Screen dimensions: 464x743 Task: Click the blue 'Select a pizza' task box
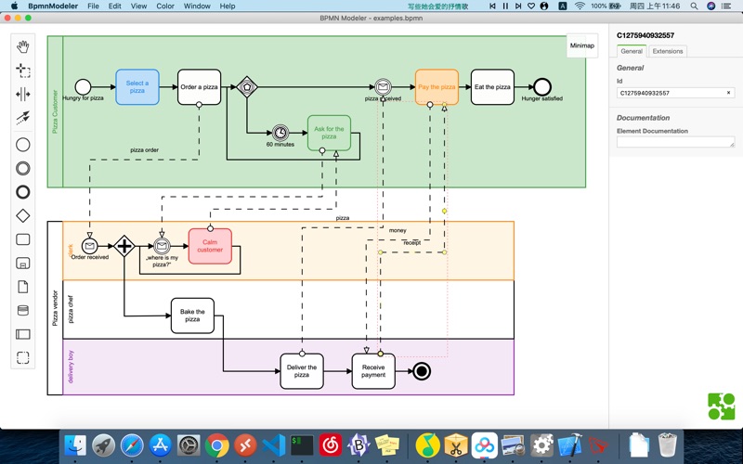tap(137, 87)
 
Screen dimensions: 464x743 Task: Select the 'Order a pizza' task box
tap(199, 87)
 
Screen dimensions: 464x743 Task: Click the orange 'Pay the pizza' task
tap(437, 87)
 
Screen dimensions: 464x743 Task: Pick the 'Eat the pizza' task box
tap(491, 87)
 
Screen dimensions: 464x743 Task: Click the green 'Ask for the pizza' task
tap(329, 133)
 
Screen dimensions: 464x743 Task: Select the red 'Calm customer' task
tap(210, 246)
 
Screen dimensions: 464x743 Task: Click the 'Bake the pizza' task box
tap(192, 316)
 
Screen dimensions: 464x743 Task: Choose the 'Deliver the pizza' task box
tap(302, 371)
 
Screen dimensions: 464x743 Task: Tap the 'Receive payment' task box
tap(372, 371)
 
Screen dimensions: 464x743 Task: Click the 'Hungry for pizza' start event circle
tap(83, 87)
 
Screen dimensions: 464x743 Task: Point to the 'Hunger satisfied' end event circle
tap(541, 87)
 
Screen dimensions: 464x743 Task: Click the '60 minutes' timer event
tap(280, 133)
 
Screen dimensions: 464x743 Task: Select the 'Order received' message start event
tap(90, 246)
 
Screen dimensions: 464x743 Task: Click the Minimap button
tap(581, 45)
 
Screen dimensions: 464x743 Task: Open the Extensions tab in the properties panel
tap(667, 51)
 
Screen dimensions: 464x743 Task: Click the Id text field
tap(671, 93)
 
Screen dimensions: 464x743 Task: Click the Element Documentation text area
tap(675, 142)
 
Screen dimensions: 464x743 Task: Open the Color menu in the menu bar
tap(165, 6)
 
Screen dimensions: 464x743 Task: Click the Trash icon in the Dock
tap(667, 446)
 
